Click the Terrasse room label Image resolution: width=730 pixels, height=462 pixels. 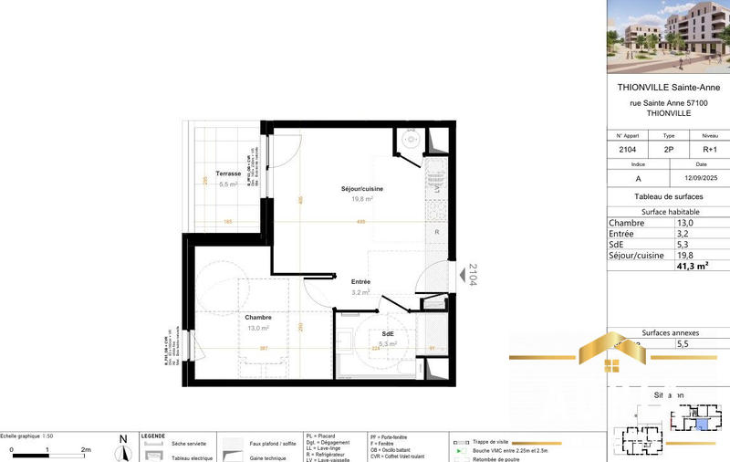pyautogui.click(x=228, y=173)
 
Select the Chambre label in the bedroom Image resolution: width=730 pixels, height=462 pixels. pyautogui.click(x=258, y=317)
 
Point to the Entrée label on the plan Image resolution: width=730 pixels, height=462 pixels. pyautogui.click(x=361, y=282)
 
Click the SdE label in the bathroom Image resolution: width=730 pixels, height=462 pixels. pyautogui.click(x=388, y=333)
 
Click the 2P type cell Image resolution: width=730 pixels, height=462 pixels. pyautogui.click(x=668, y=148)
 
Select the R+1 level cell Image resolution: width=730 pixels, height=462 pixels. pyautogui.click(x=708, y=148)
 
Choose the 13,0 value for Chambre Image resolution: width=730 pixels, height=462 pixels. pyautogui.click(x=684, y=223)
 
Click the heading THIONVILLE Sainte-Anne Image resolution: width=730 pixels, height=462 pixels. pyautogui.click(x=668, y=88)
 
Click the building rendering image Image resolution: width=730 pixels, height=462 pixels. pyautogui.click(x=668, y=37)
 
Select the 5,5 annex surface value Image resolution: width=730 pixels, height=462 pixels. pyautogui.click(x=682, y=344)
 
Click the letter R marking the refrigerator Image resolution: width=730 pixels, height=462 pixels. pyautogui.click(x=437, y=232)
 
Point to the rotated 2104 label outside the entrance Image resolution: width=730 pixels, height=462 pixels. pyautogui.click(x=473, y=276)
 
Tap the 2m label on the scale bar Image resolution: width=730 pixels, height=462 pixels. pyautogui.click(x=86, y=451)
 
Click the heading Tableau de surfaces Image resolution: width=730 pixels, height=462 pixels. pyautogui.click(x=668, y=197)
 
